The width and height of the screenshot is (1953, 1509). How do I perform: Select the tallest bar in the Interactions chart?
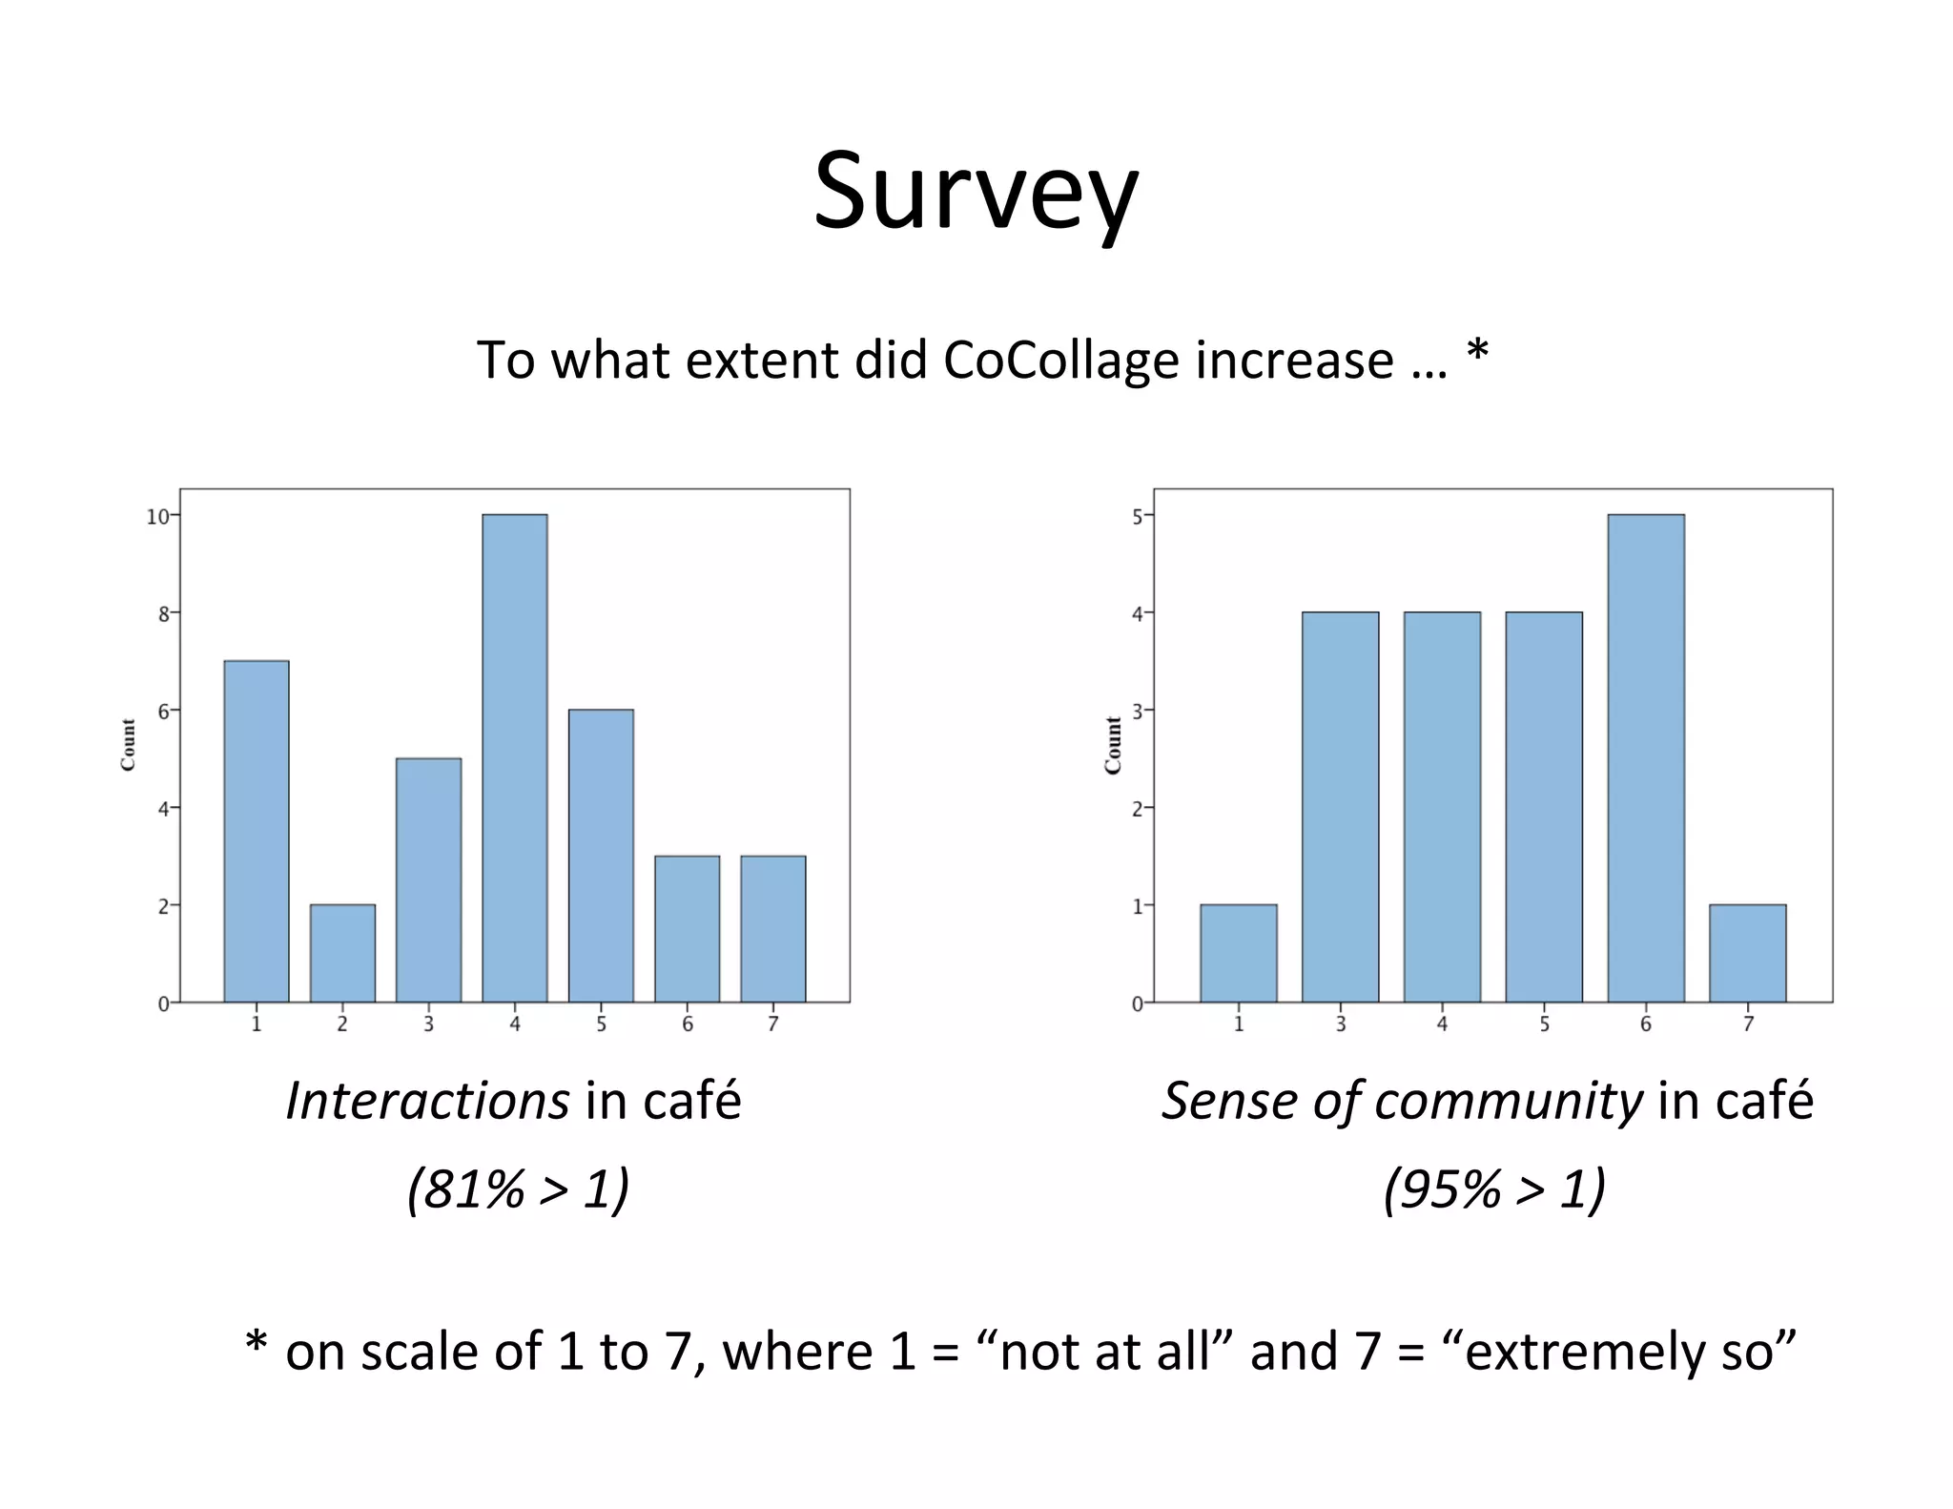(x=514, y=758)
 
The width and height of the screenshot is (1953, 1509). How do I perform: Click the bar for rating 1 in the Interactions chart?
(x=256, y=831)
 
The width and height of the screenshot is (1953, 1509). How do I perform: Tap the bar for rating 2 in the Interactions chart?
(x=342, y=953)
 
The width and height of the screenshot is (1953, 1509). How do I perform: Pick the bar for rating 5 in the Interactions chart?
(x=601, y=856)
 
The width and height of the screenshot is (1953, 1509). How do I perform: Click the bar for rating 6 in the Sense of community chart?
(x=1645, y=758)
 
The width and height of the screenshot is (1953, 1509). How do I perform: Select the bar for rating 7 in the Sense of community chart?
(x=1747, y=953)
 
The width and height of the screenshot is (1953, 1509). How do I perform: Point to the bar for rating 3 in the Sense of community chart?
(x=1340, y=807)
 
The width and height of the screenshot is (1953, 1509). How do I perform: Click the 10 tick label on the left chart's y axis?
(x=157, y=517)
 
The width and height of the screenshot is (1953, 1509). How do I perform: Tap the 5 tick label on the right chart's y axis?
(x=1137, y=517)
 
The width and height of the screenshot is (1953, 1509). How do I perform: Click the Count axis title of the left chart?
(x=128, y=745)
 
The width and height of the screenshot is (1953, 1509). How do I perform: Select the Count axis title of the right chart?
(x=1112, y=745)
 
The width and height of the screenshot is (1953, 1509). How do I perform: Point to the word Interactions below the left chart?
(x=427, y=1101)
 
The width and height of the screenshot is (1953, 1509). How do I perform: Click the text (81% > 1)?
(x=518, y=1189)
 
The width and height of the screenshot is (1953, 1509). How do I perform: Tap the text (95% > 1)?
(x=1494, y=1189)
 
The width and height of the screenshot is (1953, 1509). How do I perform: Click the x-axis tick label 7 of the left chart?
(x=773, y=1024)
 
